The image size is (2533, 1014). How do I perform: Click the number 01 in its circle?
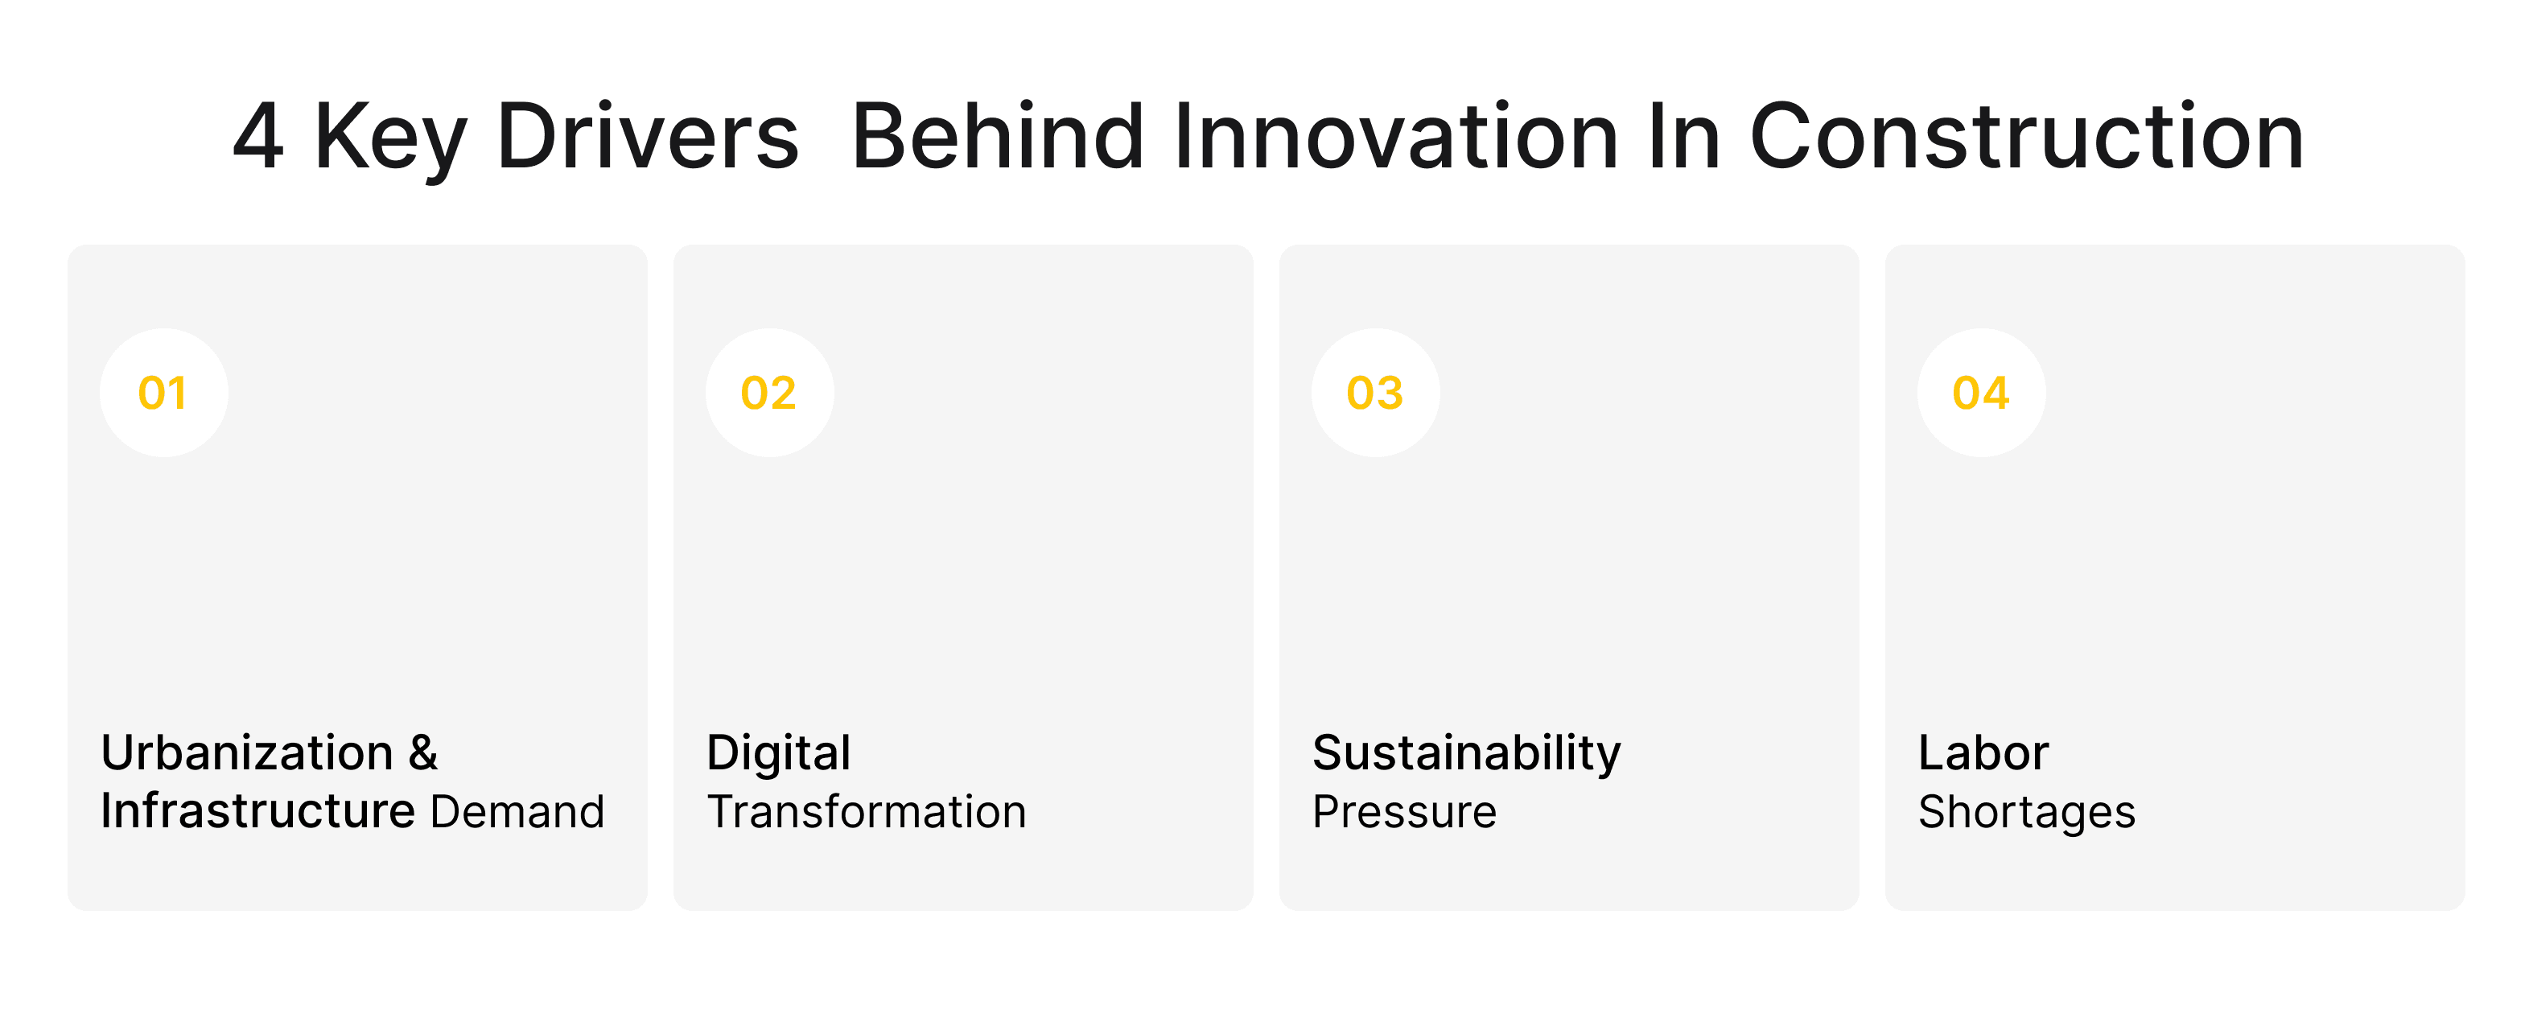pos(163,394)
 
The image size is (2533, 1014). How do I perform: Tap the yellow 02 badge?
pos(769,394)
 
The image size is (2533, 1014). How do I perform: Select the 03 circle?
pos(1374,394)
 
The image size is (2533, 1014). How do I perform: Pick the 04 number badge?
pos(1980,394)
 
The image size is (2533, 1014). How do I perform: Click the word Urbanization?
pos(247,753)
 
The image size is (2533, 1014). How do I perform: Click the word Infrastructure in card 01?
pos(257,812)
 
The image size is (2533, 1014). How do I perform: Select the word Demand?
pos(517,812)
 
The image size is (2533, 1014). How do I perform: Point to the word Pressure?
pos(1404,812)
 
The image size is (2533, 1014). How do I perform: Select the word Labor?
pos(1983,753)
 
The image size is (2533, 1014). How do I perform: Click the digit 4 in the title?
pos(258,138)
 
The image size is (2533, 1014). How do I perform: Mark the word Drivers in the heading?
pos(648,138)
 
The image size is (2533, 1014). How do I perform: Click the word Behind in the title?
pos(998,138)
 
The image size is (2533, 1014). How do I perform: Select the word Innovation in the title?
pos(1396,138)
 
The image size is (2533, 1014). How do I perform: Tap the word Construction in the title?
pos(2027,138)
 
